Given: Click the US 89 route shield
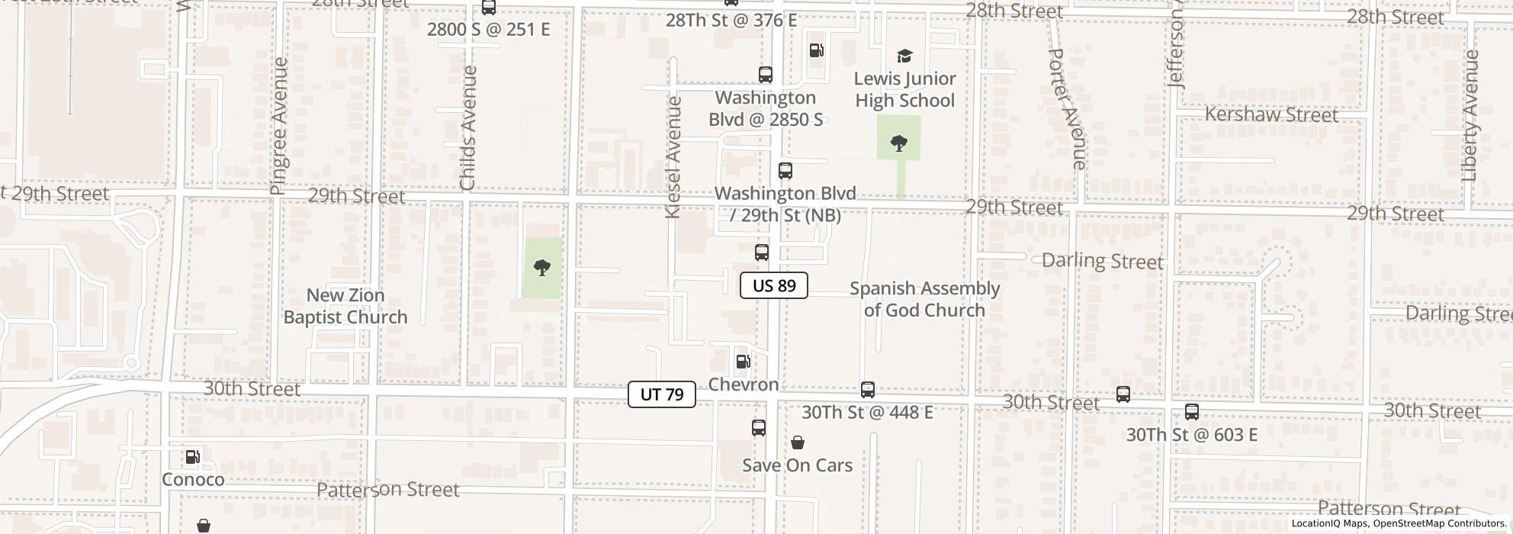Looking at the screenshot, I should (773, 286).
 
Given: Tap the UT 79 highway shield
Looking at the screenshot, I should (661, 394).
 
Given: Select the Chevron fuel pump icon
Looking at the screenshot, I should (743, 362).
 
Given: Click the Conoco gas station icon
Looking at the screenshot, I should (193, 457).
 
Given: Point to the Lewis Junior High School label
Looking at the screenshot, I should (904, 90).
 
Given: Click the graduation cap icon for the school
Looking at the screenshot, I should (904, 56).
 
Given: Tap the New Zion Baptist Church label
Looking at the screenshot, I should (345, 306).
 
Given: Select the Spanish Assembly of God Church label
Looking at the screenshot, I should (924, 299).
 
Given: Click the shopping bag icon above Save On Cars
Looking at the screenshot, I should (797, 442).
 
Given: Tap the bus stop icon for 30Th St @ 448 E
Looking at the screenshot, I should (867, 390).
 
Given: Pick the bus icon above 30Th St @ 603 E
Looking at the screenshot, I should (1191, 412).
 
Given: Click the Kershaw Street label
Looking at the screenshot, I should (1271, 115).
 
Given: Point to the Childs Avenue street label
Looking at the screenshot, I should (468, 128).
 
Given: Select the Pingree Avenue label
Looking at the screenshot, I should (279, 126).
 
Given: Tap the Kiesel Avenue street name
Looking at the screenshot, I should (673, 158).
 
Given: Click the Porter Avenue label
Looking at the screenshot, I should (1067, 109).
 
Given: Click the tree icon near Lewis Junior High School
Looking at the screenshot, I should (899, 143).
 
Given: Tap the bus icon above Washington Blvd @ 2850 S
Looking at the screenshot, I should (765, 75).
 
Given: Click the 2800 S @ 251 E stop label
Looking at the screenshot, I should (488, 30).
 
